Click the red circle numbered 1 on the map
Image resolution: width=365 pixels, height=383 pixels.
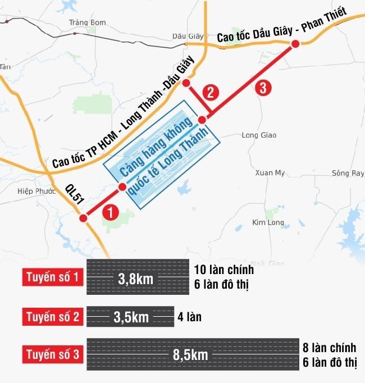point(111,212)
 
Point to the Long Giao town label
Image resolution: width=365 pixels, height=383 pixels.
point(258,135)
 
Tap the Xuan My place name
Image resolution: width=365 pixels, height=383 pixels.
point(270,173)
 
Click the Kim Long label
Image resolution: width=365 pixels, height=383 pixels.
point(268,222)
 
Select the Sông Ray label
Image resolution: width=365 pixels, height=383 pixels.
point(348,173)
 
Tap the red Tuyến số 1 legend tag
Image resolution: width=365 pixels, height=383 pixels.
point(53,277)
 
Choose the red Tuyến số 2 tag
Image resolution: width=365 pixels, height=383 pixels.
point(53,317)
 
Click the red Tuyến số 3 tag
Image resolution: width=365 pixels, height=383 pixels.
point(53,355)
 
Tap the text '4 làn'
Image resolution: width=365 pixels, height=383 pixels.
point(189,317)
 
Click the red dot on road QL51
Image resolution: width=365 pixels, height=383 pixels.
point(83,218)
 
